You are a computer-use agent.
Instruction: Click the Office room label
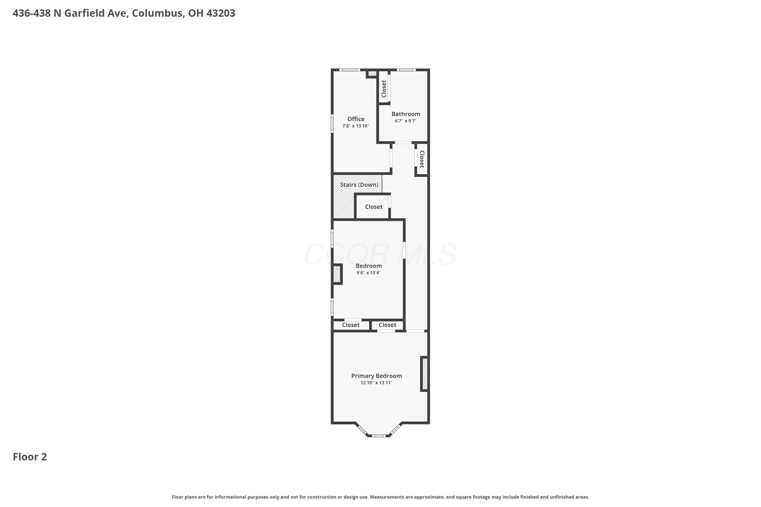click(x=356, y=119)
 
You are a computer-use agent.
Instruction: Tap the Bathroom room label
click(x=406, y=114)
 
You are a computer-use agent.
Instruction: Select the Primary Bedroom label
click(x=376, y=376)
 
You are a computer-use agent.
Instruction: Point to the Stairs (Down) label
click(x=359, y=185)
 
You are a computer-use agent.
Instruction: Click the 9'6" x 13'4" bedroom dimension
click(x=369, y=273)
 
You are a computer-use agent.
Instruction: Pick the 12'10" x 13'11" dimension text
click(x=376, y=383)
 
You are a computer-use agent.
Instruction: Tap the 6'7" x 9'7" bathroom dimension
click(x=405, y=121)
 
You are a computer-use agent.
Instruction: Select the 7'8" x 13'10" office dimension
click(x=356, y=126)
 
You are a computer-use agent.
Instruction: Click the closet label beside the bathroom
click(x=384, y=88)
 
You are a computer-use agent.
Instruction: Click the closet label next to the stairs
click(x=374, y=207)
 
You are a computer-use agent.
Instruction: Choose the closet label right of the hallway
click(x=422, y=159)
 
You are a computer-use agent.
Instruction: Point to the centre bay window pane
click(x=378, y=436)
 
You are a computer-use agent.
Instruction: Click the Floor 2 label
click(x=30, y=457)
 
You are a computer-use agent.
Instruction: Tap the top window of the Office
click(x=350, y=70)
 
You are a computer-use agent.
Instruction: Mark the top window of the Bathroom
click(x=406, y=70)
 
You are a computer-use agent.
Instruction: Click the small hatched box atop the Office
click(x=372, y=74)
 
